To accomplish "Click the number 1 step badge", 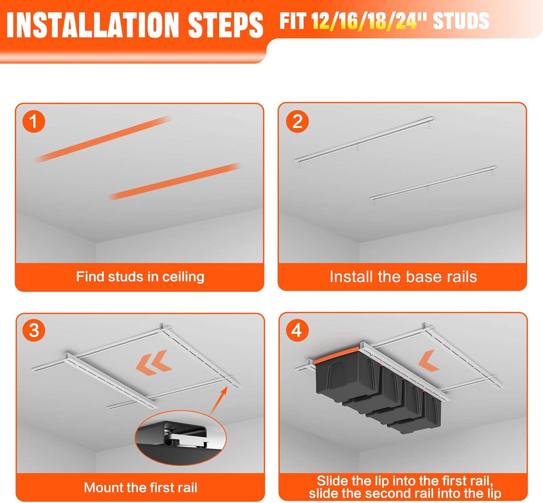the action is (x=34, y=121).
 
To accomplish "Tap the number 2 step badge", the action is (x=297, y=121).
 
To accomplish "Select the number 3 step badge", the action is (x=34, y=330).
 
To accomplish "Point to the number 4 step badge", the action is (x=297, y=330).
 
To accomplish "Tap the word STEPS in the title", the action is (x=226, y=25).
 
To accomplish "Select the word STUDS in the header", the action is (x=461, y=21).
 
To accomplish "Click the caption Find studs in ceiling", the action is (x=140, y=276).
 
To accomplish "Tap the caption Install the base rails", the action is (x=403, y=276).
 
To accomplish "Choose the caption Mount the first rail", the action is (x=140, y=487).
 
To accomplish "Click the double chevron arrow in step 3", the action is (x=154, y=362).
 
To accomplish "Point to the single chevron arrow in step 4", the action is (x=429, y=360).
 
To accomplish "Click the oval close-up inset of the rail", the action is (x=180, y=438).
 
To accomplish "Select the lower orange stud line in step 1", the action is (x=174, y=182).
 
